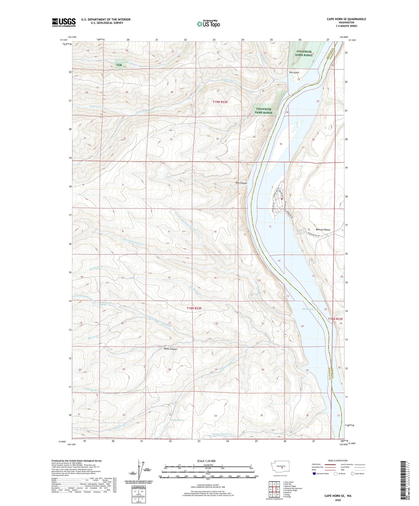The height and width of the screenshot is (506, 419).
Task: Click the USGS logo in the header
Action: (64, 22)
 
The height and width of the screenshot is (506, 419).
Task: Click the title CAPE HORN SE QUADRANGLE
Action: (346, 19)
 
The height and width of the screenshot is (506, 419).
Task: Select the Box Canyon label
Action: (241, 183)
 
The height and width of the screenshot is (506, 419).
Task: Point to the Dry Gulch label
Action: (294, 72)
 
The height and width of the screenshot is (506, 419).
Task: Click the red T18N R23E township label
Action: (335, 319)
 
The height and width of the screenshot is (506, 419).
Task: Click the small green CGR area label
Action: (119, 65)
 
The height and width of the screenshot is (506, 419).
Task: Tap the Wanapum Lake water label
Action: (311, 309)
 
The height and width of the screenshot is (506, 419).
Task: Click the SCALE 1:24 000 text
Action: (206, 461)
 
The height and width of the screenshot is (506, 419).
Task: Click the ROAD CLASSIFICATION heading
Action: (338, 461)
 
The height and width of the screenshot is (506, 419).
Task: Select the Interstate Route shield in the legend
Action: (314, 474)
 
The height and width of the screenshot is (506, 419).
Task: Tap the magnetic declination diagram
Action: (139, 471)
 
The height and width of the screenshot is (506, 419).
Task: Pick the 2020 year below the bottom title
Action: (338, 500)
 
